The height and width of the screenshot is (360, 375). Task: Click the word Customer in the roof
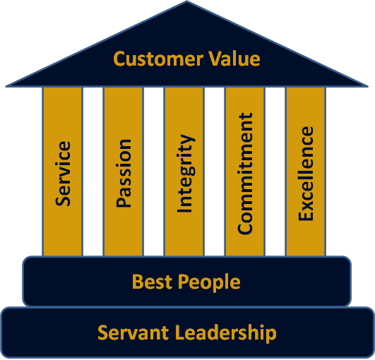(x=158, y=59)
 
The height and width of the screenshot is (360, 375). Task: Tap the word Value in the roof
(x=234, y=59)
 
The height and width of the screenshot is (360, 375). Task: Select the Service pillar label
(x=63, y=174)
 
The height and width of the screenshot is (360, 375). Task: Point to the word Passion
(x=124, y=174)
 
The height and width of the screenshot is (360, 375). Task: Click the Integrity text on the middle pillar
(x=186, y=174)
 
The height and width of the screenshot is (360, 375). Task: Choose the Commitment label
(x=245, y=174)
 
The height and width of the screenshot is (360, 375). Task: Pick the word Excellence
(x=306, y=174)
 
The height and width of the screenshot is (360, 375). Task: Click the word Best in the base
(x=152, y=282)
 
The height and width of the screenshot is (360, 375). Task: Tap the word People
(x=209, y=283)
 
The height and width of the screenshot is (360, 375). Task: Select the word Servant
(x=133, y=332)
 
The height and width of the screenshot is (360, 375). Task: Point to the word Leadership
(x=226, y=333)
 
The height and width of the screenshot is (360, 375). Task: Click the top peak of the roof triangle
(x=186, y=1)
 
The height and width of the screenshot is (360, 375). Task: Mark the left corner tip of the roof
(x=6, y=86)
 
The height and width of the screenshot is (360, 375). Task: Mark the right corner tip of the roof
(x=368, y=86)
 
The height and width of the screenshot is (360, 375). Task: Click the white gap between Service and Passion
(x=93, y=172)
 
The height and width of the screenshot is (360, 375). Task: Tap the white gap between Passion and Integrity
(x=153, y=172)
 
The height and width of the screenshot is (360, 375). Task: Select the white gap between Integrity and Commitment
(x=214, y=172)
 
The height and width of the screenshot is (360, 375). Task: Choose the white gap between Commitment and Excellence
(x=275, y=172)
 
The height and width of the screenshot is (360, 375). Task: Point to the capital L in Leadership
(x=180, y=332)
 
